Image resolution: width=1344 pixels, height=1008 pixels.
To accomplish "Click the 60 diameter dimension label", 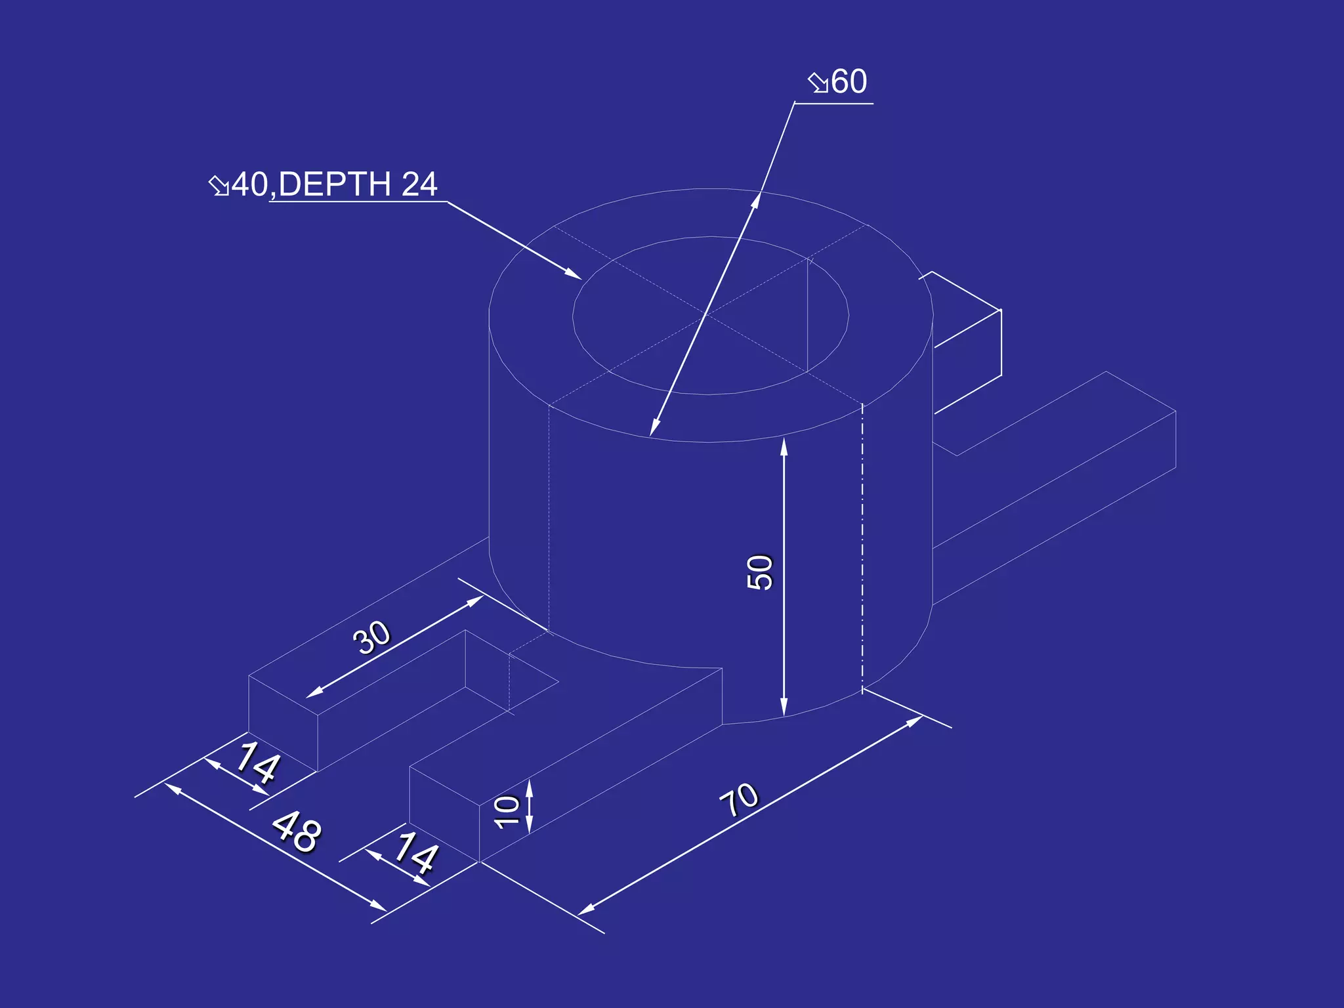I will tap(849, 82).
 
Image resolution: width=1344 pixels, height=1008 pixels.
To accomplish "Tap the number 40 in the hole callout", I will tap(249, 184).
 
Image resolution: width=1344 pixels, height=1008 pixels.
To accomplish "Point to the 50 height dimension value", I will tap(760, 572).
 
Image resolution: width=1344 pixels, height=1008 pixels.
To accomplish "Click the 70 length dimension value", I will tap(740, 800).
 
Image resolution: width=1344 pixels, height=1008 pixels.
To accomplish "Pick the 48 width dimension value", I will tap(297, 831).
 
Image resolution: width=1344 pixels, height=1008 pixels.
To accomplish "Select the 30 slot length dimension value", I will tap(372, 637).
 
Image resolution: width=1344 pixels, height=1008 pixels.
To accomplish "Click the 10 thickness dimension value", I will tap(507, 812).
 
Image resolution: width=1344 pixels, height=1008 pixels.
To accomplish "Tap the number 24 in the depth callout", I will tap(419, 184).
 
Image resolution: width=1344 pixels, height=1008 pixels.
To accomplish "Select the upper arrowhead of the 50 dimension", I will tap(784, 446).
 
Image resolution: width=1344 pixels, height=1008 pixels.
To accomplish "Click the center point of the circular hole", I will tap(706, 316).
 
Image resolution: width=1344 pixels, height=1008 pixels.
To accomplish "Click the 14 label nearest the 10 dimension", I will tap(415, 853).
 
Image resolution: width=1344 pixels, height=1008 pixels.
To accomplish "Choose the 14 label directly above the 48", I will tap(257, 763).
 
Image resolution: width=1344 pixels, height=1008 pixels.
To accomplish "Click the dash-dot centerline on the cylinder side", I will tap(862, 551).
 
